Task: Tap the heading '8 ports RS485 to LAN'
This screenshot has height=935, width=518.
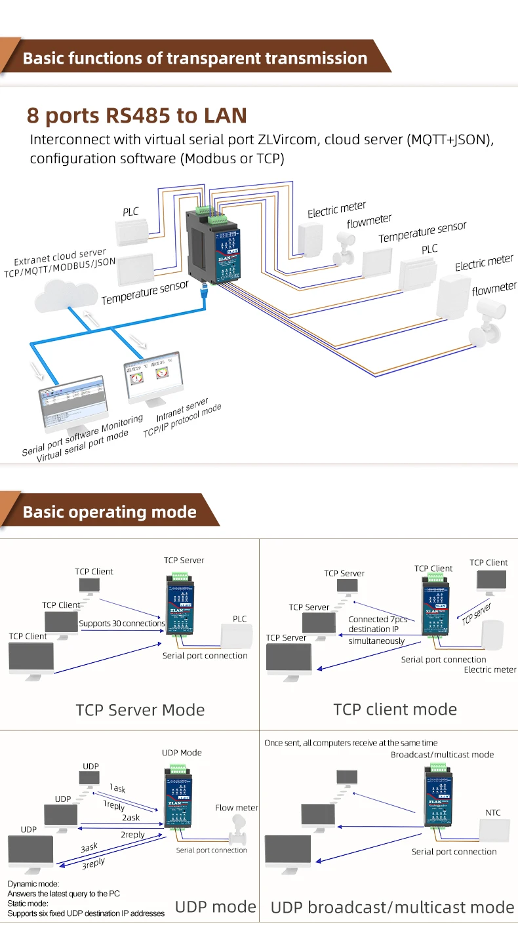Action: (136, 115)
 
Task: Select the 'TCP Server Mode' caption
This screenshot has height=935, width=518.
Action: (140, 709)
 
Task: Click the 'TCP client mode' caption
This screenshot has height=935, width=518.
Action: (395, 709)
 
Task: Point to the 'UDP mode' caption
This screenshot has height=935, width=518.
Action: (215, 907)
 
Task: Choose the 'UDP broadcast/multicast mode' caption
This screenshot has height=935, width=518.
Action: (392, 907)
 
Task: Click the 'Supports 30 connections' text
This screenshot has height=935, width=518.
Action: (122, 624)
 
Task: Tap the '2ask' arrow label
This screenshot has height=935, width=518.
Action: (130, 818)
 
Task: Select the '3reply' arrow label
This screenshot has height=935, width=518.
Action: (93, 864)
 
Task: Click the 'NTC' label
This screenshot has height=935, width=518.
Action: (492, 812)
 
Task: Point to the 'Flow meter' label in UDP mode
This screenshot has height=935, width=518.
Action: (237, 808)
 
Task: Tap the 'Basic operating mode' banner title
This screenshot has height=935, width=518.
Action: (110, 512)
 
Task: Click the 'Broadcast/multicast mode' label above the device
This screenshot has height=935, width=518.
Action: (442, 755)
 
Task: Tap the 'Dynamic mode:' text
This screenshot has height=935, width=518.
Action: (33, 884)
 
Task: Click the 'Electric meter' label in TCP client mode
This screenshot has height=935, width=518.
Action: (490, 669)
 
